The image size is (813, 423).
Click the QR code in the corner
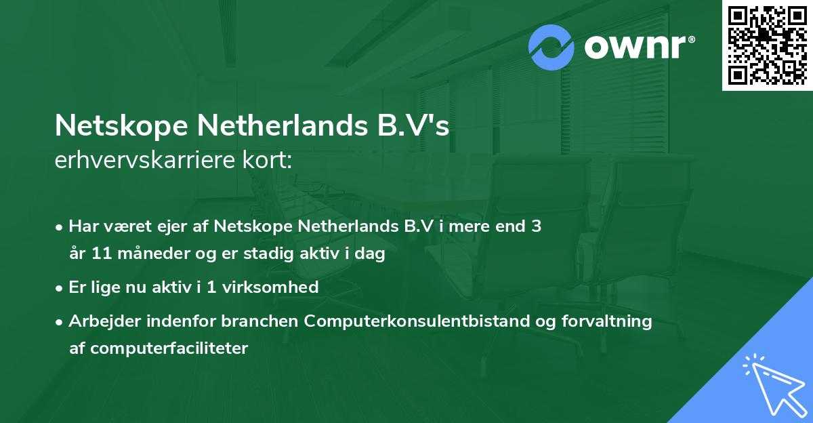point(767,45)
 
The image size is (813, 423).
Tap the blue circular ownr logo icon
point(552,47)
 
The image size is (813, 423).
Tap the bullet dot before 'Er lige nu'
point(60,287)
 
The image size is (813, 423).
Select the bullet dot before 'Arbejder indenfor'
point(60,322)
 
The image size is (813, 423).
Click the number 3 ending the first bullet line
point(536,226)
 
